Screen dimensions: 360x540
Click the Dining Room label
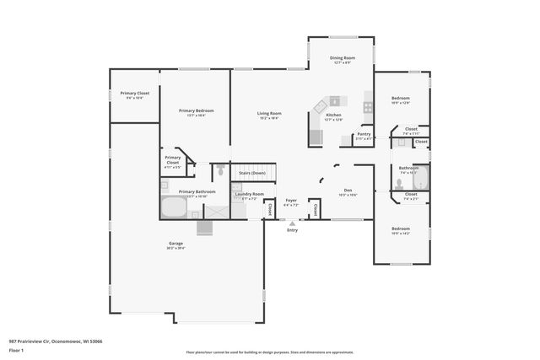pyautogui.click(x=343, y=58)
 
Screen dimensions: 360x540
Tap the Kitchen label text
pyautogui.click(x=333, y=115)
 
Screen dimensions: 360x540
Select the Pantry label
pyautogui.click(x=364, y=134)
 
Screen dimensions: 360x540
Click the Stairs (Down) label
pyautogui.click(x=252, y=173)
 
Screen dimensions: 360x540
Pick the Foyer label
pyautogui.click(x=291, y=201)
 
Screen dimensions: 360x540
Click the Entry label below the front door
pyautogui.click(x=292, y=230)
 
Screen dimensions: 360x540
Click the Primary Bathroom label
pyautogui.click(x=196, y=191)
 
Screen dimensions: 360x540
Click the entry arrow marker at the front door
pyautogui.click(x=292, y=223)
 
